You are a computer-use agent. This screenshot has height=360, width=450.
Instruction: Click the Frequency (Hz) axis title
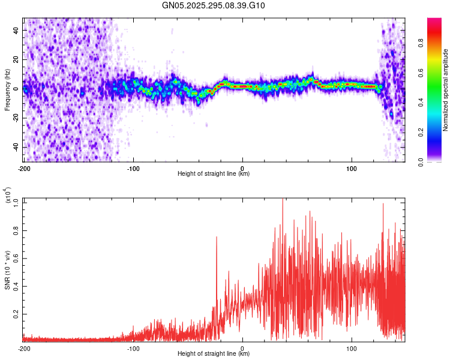[7, 89]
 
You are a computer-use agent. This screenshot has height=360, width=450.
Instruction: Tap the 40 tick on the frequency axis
[16, 30]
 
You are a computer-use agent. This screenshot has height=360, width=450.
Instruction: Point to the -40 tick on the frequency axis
[15, 147]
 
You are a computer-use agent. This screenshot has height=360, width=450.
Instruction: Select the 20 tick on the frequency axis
[16, 59]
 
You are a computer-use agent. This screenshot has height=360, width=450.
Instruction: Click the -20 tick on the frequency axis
[15, 118]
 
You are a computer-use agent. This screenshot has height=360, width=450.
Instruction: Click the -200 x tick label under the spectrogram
[24, 168]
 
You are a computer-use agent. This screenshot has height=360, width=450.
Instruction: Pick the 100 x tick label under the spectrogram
[352, 168]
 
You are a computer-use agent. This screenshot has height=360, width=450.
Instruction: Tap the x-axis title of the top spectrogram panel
[214, 174]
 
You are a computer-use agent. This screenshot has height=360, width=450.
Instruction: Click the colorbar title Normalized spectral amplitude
[445, 90]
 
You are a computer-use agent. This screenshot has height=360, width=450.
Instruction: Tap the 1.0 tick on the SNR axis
[16, 202]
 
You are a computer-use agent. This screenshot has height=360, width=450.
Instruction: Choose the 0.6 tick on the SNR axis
[16, 258]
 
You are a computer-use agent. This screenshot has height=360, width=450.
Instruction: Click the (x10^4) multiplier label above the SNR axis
[7, 196]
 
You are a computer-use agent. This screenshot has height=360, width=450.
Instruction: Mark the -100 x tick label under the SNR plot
[133, 348]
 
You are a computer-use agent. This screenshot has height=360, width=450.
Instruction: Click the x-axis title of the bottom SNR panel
[214, 354]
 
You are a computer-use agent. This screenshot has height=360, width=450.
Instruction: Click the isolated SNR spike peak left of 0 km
[217, 238]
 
